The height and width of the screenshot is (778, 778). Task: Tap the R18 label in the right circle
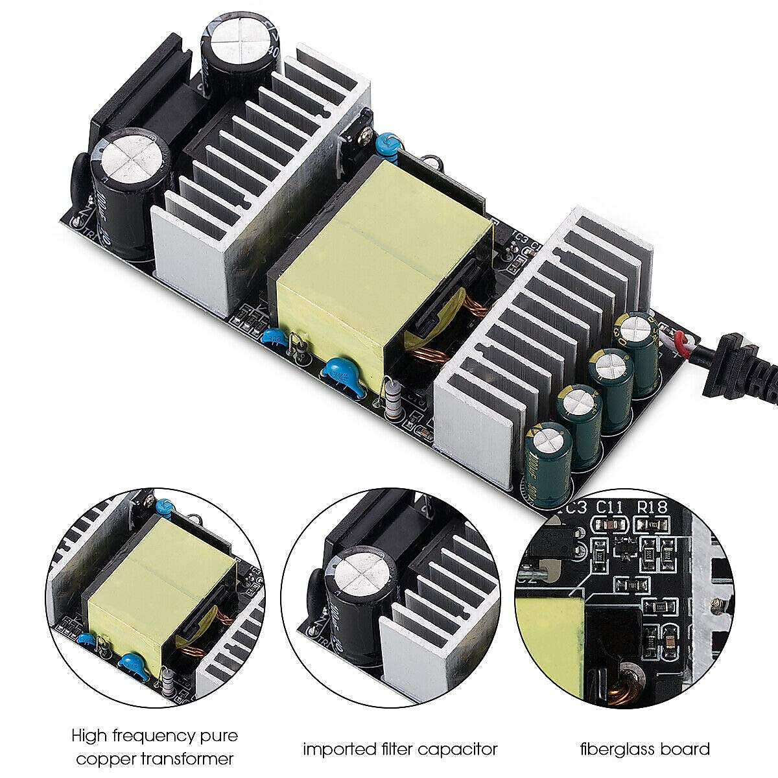[x=654, y=507]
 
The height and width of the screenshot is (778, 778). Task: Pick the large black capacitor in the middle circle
[x=360, y=590]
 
